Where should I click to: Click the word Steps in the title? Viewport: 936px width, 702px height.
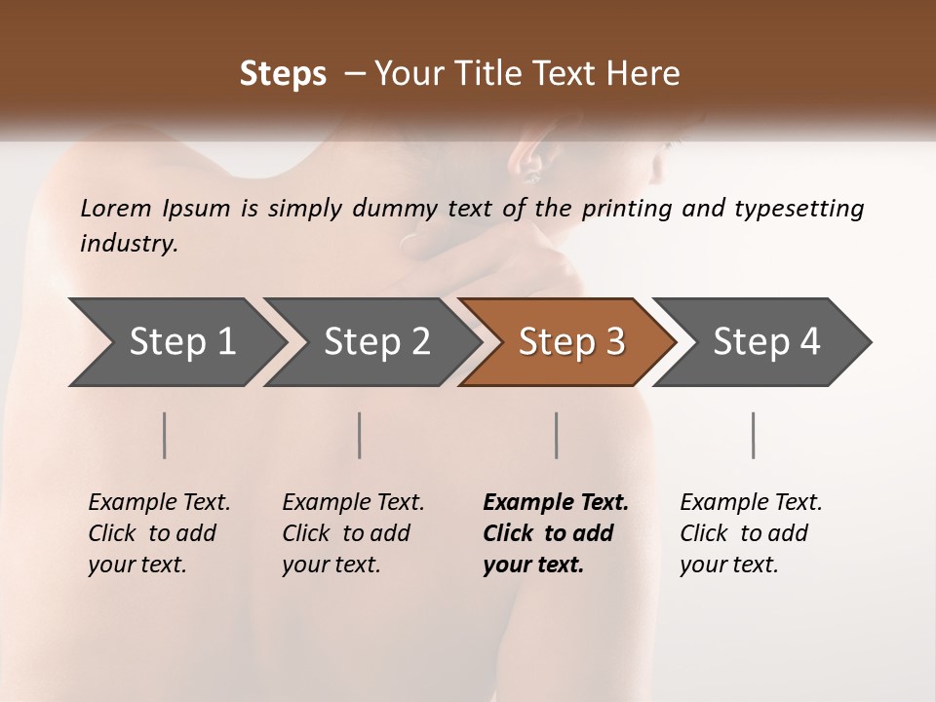[x=283, y=74]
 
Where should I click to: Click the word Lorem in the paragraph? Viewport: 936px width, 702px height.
[x=116, y=208]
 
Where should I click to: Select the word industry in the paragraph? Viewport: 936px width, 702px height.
[x=129, y=244]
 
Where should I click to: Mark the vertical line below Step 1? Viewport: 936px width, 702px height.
[x=165, y=435]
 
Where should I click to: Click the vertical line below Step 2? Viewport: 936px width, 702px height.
[x=360, y=435]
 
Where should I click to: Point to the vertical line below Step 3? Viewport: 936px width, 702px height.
[x=557, y=435]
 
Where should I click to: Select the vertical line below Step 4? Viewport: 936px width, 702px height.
[x=754, y=435]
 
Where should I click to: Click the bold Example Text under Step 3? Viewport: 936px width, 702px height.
[x=556, y=503]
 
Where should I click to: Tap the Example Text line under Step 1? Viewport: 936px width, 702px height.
[x=159, y=503]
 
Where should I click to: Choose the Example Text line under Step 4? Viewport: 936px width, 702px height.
[x=751, y=503]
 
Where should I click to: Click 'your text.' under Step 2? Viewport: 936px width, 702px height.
[x=331, y=565]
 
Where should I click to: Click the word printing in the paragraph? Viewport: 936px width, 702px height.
[x=626, y=209]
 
